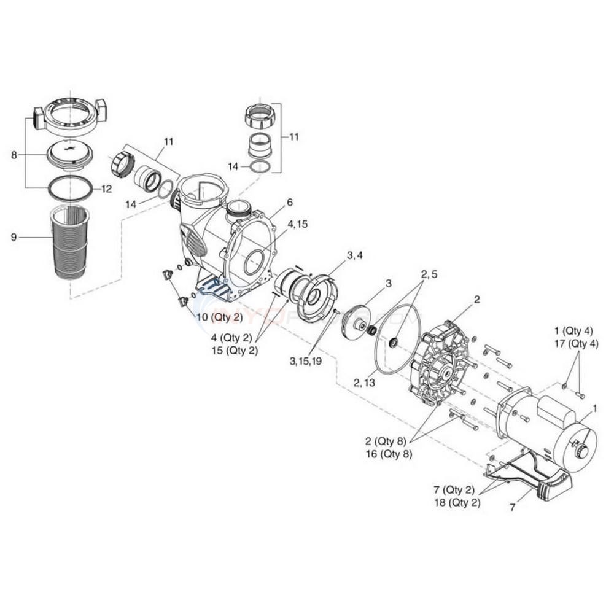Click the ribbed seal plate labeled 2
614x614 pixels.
[439, 362]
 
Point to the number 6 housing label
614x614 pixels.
[290, 202]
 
